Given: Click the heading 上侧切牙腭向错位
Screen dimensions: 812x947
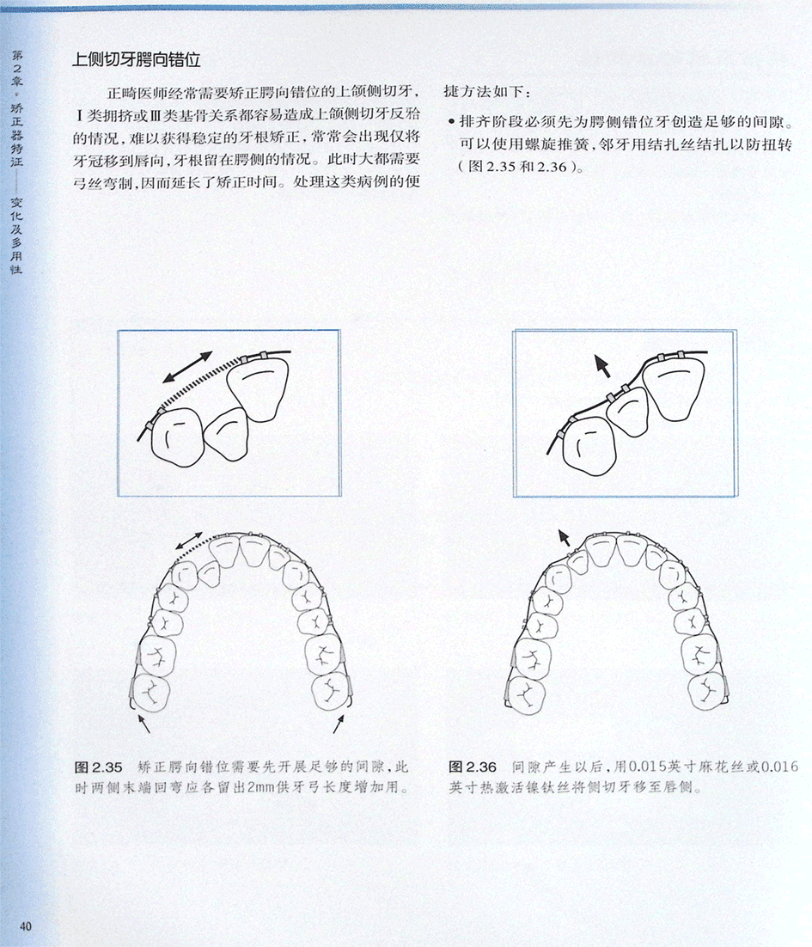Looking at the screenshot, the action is coord(136,59).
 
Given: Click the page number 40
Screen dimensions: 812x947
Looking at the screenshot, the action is coord(26,926).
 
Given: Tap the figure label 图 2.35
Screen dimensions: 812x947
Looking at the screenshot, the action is coord(99,767).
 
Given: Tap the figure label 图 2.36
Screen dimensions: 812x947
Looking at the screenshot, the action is coord(473,767).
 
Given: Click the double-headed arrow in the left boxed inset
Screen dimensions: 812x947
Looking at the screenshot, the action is coord(188,367).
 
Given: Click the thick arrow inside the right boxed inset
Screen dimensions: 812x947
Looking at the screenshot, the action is coord(601,365).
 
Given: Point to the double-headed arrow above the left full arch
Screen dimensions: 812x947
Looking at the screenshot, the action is coord(190,541).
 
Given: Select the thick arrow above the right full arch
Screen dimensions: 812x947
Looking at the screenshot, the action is coord(564,537).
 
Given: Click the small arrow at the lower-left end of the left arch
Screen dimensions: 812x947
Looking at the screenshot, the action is coord(143,723).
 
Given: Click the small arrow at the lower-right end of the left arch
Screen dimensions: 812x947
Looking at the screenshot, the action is coord(339,724).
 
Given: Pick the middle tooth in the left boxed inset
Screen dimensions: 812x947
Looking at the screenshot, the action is coord(227,433).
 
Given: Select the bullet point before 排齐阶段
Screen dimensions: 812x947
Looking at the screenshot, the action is coord(450,122).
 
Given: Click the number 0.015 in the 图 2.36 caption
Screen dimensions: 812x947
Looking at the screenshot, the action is coord(646,767).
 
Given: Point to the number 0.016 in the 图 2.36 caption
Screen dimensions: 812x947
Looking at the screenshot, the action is coord(779,767).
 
